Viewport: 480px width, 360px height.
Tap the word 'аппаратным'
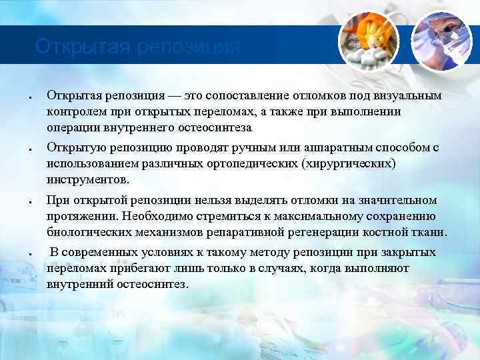pyautogui.click(x=325, y=148)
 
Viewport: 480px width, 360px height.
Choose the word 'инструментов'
pyautogui.click(x=87, y=180)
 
